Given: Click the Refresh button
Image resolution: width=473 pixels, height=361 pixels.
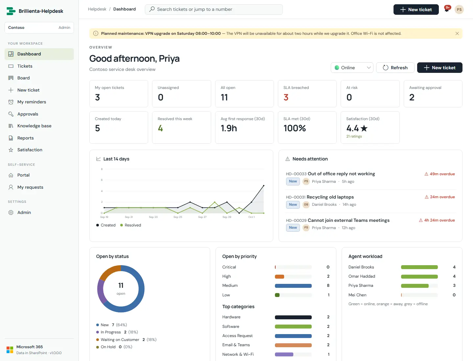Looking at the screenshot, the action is pyautogui.click(x=395, y=68).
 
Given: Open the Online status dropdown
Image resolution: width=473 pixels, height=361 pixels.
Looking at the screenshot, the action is pyautogui.click(x=352, y=68).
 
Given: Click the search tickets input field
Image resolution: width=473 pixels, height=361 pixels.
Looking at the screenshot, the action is pyautogui.click(x=214, y=10).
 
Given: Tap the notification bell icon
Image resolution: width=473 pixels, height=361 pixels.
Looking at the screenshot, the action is pyautogui.click(x=447, y=10).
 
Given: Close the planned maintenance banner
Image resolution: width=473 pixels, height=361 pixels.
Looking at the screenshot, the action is pyautogui.click(x=457, y=33).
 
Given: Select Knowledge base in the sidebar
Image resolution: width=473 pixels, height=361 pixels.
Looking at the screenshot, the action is pyautogui.click(x=34, y=126).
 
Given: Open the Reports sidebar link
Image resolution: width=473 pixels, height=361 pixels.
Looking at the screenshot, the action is pyautogui.click(x=25, y=138).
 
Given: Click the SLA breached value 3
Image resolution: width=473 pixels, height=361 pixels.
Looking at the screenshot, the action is pyautogui.click(x=286, y=97).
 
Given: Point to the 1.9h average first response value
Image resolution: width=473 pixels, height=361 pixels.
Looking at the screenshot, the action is pyautogui.click(x=229, y=128).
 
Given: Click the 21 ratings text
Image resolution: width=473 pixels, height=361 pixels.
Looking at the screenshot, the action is pyautogui.click(x=354, y=136).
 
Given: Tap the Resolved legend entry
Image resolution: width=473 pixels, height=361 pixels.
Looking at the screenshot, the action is pyautogui.click(x=131, y=225).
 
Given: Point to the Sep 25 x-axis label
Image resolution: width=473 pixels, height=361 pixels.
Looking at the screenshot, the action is pyautogui.click(x=178, y=217).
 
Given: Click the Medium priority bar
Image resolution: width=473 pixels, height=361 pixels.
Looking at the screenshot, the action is pyautogui.click(x=293, y=286).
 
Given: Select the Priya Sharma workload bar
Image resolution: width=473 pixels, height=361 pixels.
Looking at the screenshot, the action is pyautogui.click(x=415, y=286).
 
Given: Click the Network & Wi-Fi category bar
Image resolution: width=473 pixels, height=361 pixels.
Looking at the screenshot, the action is pyautogui.click(x=284, y=354).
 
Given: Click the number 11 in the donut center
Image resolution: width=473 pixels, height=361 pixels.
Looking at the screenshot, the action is pyautogui.click(x=121, y=286).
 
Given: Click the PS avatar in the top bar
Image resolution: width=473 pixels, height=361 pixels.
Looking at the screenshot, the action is pyautogui.click(x=459, y=10).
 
